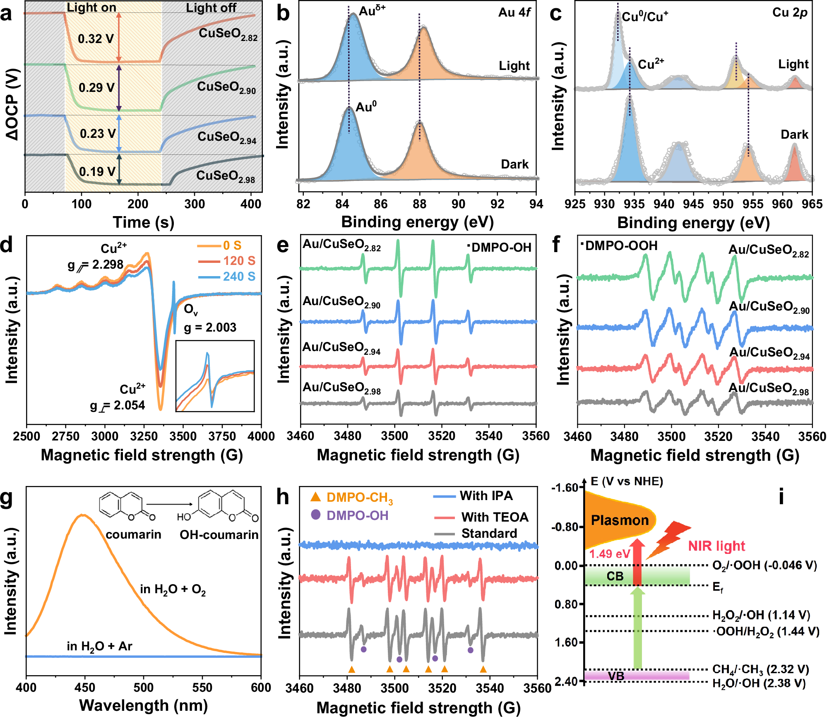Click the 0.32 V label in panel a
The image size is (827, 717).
[x=96, y=39]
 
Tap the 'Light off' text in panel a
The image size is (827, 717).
[x=211, y=7]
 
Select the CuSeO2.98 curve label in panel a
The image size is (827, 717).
[x=225, y=176]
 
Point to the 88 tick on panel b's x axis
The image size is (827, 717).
[x=419, y=204]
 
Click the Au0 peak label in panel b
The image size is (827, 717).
[x=366, y=107]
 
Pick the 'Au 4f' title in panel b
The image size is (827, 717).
[x=514, y=12]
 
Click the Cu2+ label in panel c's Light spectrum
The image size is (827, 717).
[x=650, y=64]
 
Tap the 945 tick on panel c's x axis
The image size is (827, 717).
[x=693, y=204]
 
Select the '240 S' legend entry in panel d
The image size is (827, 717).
[x=239, y=276]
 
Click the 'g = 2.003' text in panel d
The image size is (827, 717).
[x=210, y=327]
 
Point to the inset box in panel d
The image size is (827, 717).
[x=215, y=376]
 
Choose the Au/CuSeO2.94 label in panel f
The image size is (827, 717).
[x=769, y=353]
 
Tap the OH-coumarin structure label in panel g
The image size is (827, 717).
[x=219, y=534]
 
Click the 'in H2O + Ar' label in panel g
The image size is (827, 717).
[x=99, y=646]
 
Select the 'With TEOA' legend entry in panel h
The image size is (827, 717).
[x=495, y=517]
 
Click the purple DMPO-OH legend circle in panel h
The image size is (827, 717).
[x=316, y=515]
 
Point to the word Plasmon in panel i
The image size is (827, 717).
[x=620, y=520]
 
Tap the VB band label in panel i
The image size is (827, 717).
[x=615, y=676]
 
